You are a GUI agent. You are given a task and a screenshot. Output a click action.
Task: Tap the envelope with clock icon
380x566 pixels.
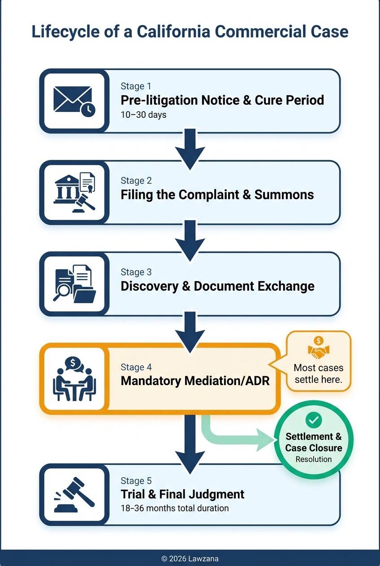coord(74,101)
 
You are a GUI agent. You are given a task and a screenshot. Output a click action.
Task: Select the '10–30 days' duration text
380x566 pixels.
coord(143,115)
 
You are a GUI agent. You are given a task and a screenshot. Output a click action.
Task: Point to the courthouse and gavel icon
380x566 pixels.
coord(74,192)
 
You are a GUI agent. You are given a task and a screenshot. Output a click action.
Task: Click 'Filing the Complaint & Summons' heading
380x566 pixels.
coord(217,195)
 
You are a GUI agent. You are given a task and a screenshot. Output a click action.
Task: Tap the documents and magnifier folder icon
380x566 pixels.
coord(74,283)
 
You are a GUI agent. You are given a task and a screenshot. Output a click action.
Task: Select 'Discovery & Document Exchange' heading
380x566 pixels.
coord(217,286)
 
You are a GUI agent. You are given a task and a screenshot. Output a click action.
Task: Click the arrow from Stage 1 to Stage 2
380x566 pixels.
coord(190,148)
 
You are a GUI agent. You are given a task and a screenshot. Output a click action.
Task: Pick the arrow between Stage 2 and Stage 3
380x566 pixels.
coord(190,239)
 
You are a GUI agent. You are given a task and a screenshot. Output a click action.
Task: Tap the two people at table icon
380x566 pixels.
coord(74,378)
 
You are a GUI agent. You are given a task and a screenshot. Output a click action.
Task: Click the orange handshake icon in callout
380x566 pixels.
coord(319,349)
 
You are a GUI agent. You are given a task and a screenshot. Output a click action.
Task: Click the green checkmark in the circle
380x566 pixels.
coord(313,420)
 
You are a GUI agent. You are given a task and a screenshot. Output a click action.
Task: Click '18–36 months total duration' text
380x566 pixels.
coord(174,508)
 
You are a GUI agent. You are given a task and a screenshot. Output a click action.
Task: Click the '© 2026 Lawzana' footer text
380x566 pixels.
coord(190,558)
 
